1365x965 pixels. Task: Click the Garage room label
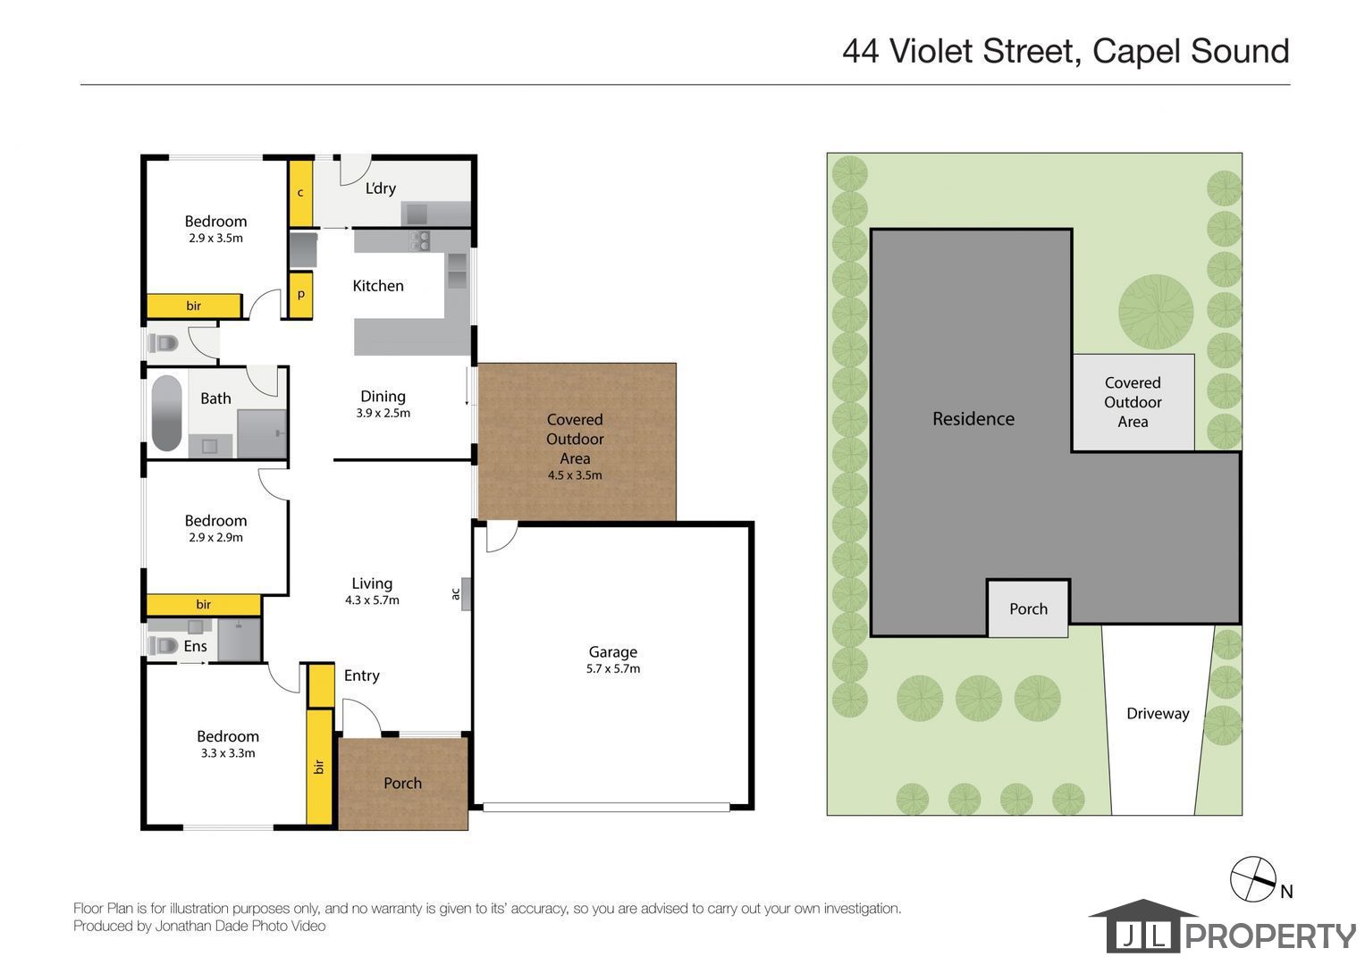[612, 652]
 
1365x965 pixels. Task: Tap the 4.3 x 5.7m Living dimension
[372, 600]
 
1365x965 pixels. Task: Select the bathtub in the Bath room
[166, 414]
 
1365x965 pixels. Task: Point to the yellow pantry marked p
[300, 295]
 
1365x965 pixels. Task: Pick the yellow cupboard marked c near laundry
[300, 193]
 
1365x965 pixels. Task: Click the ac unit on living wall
[466, 593]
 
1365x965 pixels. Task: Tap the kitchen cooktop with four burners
[419, 240]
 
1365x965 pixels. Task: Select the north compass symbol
[1253, 879]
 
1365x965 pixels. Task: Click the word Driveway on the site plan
[1158, 713]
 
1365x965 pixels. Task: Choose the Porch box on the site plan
[1028, 608]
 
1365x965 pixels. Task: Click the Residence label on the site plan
[973, 418]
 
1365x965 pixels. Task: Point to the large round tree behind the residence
[1155, 311]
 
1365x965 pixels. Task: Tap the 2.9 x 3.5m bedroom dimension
[215, 239]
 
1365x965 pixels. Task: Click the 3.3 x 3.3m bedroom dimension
[228, 753]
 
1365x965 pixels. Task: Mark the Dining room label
[383, 397]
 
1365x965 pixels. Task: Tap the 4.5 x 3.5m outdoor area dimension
[575, 475]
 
